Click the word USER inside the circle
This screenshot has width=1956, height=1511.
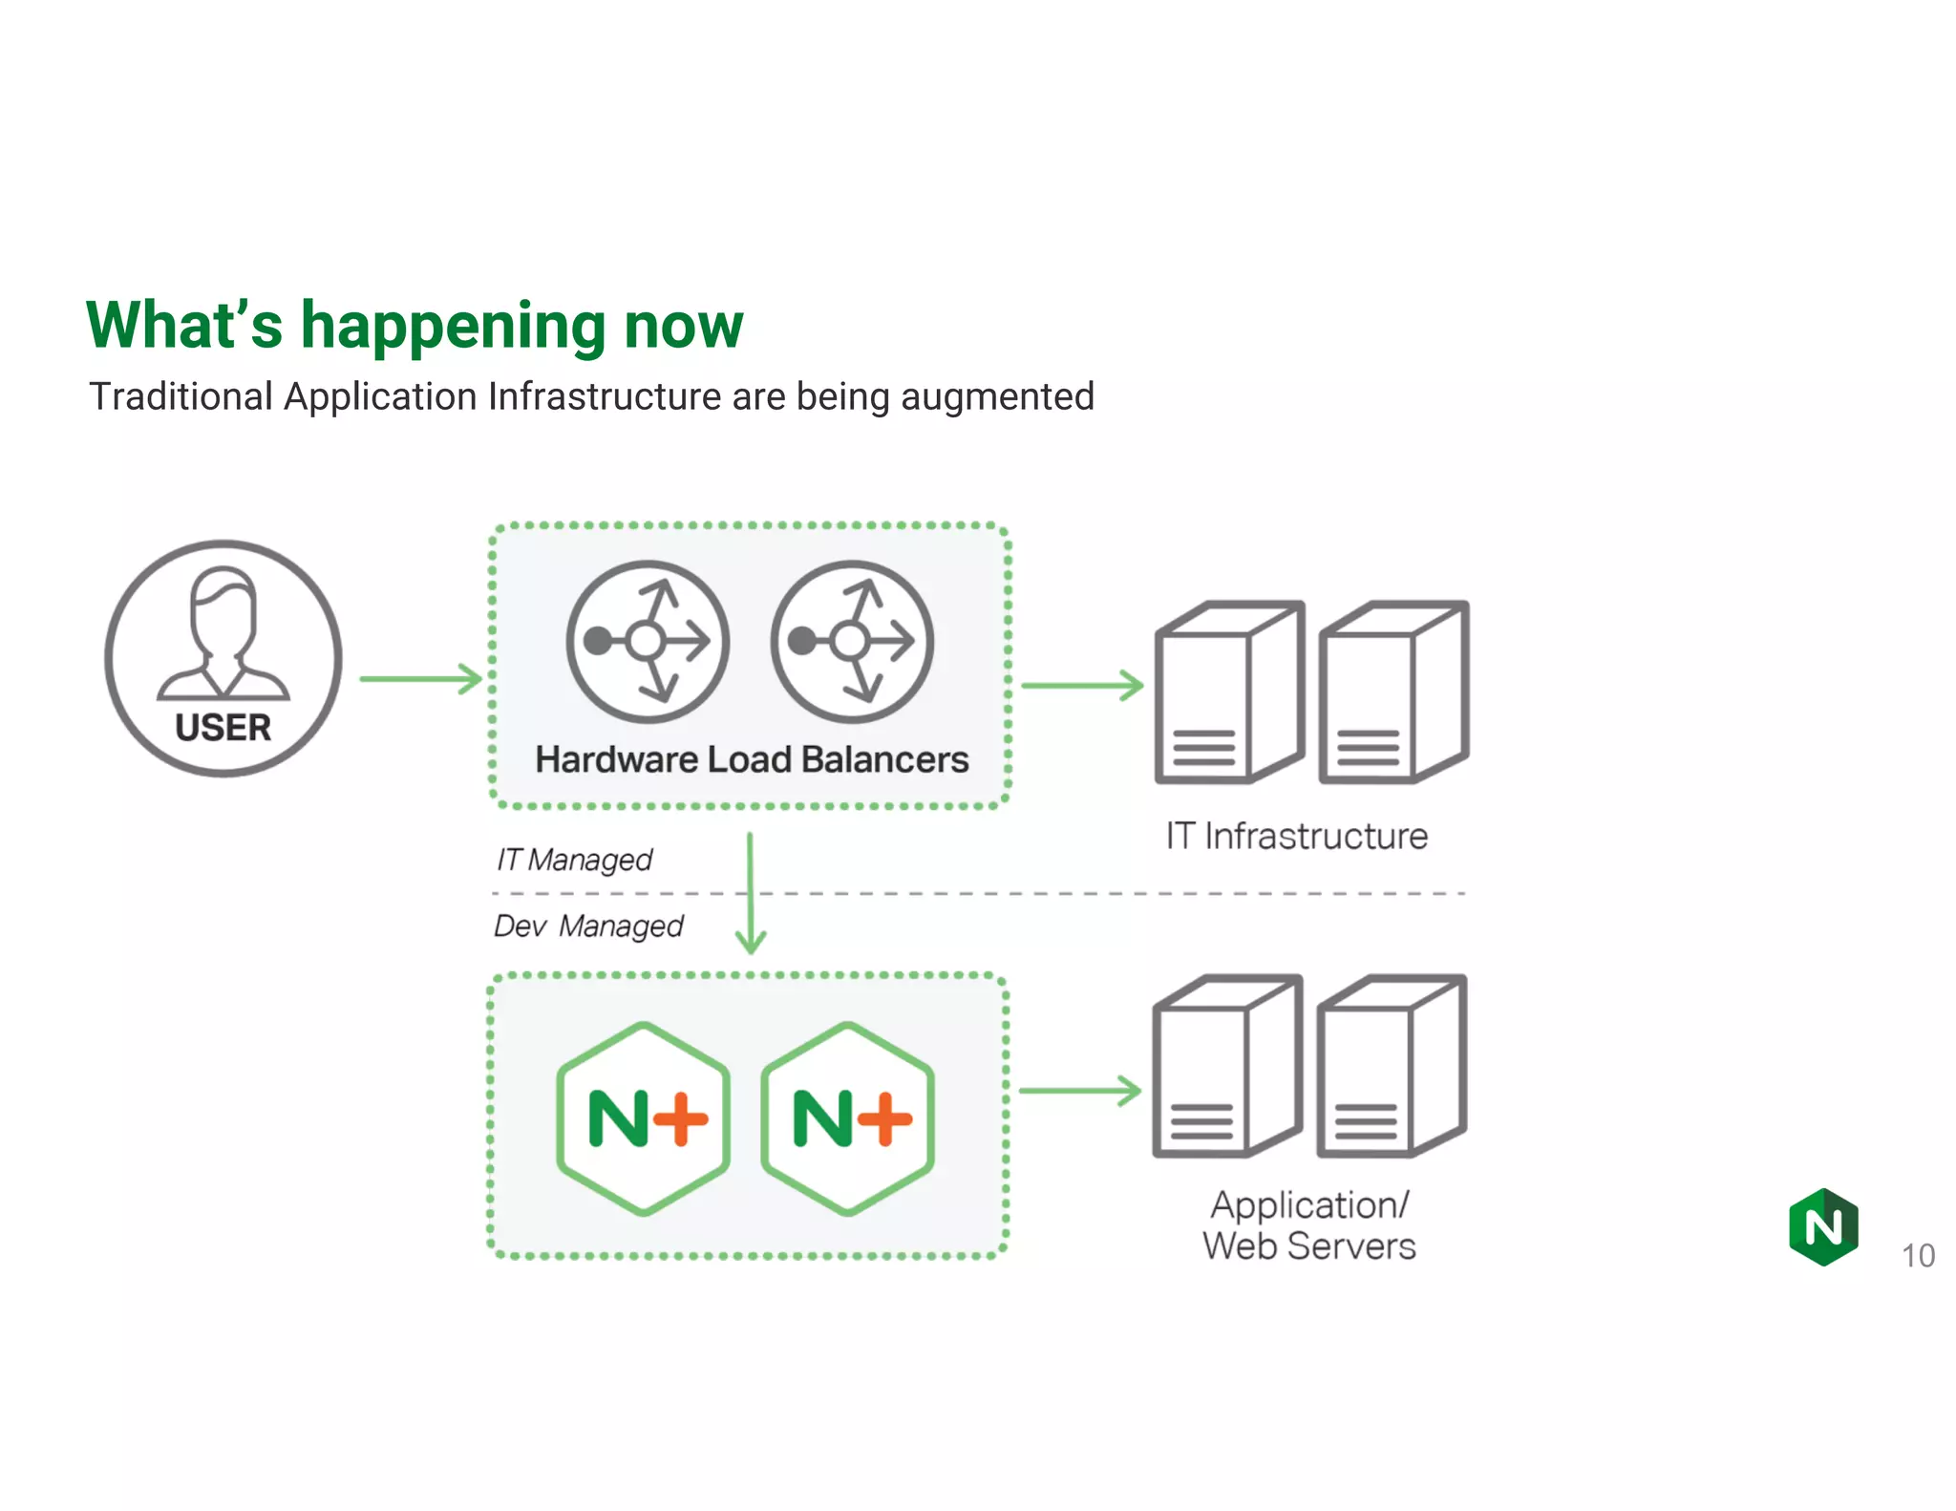[223, 728]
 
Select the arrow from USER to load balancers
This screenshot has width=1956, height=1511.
[420, 679]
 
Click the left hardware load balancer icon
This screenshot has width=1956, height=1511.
[648, 641]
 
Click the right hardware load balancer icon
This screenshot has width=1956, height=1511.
[852, 641]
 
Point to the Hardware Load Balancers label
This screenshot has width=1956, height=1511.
[752, 759]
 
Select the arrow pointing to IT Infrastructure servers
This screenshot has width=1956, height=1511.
[1081, 685]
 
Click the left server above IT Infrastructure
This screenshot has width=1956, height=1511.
[1229, 692]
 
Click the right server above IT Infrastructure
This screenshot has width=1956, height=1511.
[1393, 692]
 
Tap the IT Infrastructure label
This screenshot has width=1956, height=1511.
[1296, 836]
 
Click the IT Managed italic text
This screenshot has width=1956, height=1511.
[574, 860]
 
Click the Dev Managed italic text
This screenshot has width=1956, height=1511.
[588, 926]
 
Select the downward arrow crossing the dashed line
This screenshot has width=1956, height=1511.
[751, 893]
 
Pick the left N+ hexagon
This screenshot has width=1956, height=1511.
[645, 1118]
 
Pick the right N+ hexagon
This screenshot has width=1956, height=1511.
[848, 1118]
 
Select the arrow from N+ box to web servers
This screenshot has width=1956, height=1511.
[1079, 1090]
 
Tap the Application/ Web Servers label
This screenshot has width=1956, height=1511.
[1308, 1225]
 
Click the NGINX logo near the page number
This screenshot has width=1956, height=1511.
[1823, 1226]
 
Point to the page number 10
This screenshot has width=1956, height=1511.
[1918, 1255]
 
